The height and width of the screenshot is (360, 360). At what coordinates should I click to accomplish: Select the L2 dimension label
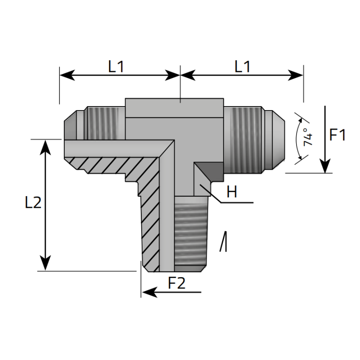pyautogui.click(x=33, y=203)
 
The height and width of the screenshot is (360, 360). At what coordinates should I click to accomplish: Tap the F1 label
pyautogui.click(x=337, y=135)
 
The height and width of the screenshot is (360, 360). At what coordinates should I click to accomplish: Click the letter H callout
pyautogui.click(x=232, y=193)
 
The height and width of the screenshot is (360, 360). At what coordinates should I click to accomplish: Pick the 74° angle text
pyautogui.click(x=307, y=137)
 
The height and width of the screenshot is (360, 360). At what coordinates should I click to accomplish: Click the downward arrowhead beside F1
pyautogui.click(x=324, y=166)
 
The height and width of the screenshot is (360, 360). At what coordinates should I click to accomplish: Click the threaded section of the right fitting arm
pyautogui.click(x=245, y=139)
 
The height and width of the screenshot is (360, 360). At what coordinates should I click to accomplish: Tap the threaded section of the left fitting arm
pyautogui.click(x=104, y=122)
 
